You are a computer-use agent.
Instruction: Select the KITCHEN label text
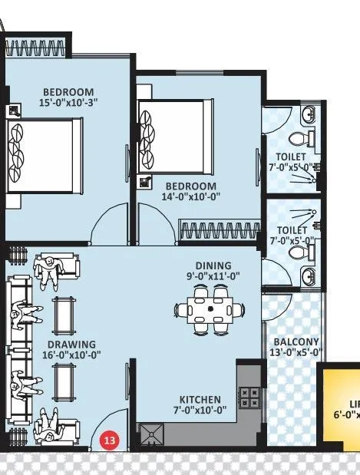(x=201, y=400)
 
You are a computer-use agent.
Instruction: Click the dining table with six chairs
(x=210, y=309)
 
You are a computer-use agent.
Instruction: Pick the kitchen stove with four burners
(x=250, y=397)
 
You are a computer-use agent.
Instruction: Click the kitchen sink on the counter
(x=153, y=435)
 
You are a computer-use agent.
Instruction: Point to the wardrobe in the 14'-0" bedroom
(x=217, y=229)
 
